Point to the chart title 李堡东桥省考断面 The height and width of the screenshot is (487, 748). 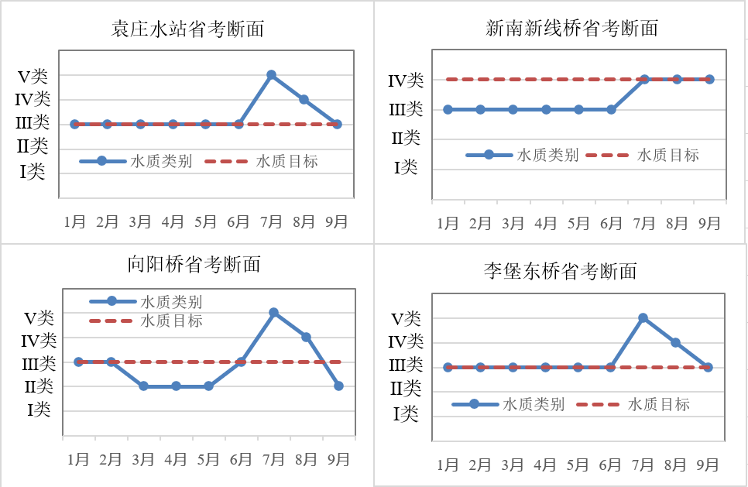pyautogui.click(x=560, y=271)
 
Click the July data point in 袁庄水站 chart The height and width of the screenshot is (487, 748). pyautogui.click(x=271, y=75)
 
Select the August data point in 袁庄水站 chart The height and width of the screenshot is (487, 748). pyautogui.click(x=304, y=99)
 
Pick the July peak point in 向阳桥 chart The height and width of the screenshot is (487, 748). pyautogui.click(x=273, y=312)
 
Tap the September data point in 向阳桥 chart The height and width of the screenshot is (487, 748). pyautogui.click(x=339, y=386)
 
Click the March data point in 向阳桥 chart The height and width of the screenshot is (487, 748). pyautogui.click(x=143, y=386)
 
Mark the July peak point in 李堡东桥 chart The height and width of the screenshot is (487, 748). pyautogui.click(x=643, y=317)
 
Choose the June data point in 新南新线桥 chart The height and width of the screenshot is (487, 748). pyautogui.click(x=611, y=109)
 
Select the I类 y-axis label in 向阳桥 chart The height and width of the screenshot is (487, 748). pyautogui.click(x=39, y=410)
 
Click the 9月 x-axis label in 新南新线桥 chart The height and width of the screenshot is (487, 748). pyautogui.click(x=710, y=224)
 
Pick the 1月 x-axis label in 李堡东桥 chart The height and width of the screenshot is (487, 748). pyautogui.click(x=448, y=465)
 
